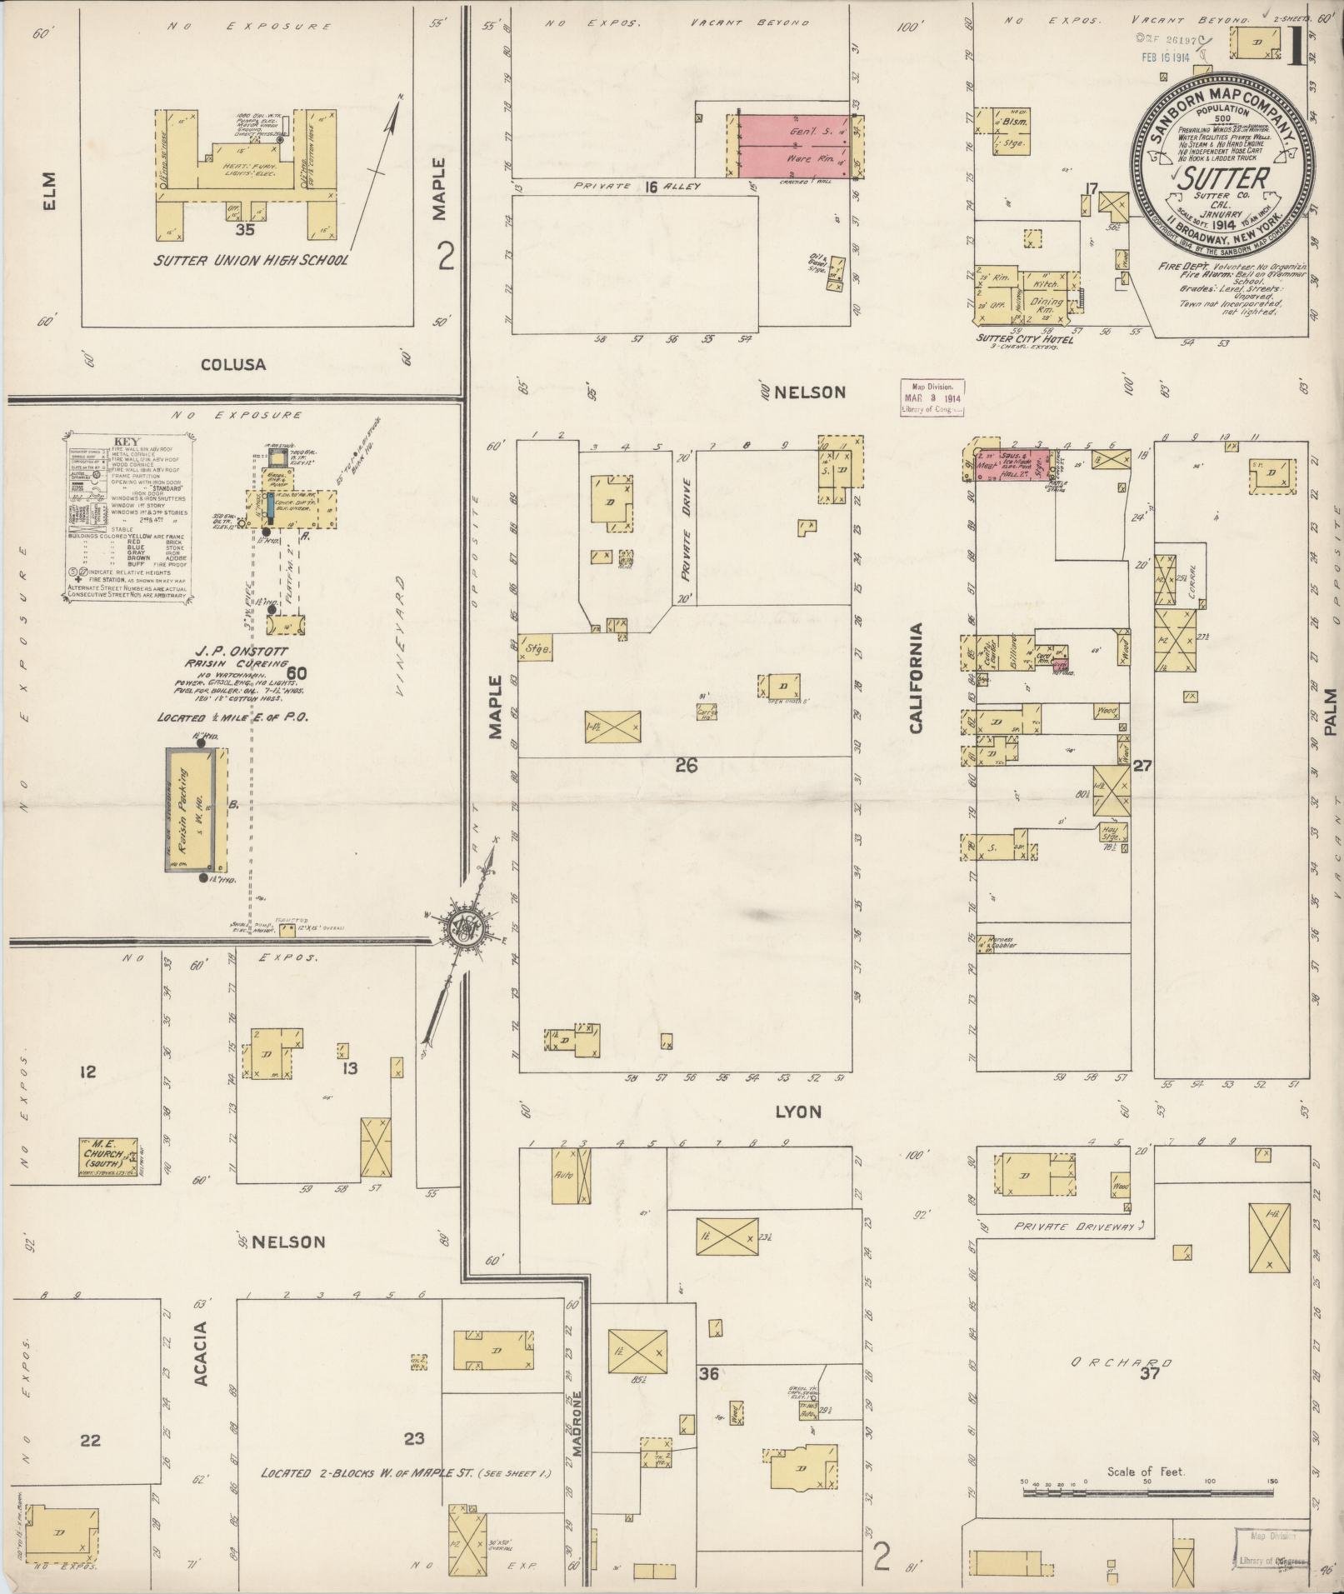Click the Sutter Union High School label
(x=250, y=261)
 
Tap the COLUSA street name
(x=232, y=364)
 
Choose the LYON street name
(x=797, y=1112)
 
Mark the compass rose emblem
(x=461, y=926)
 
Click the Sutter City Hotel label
(x=1024, y=339)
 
